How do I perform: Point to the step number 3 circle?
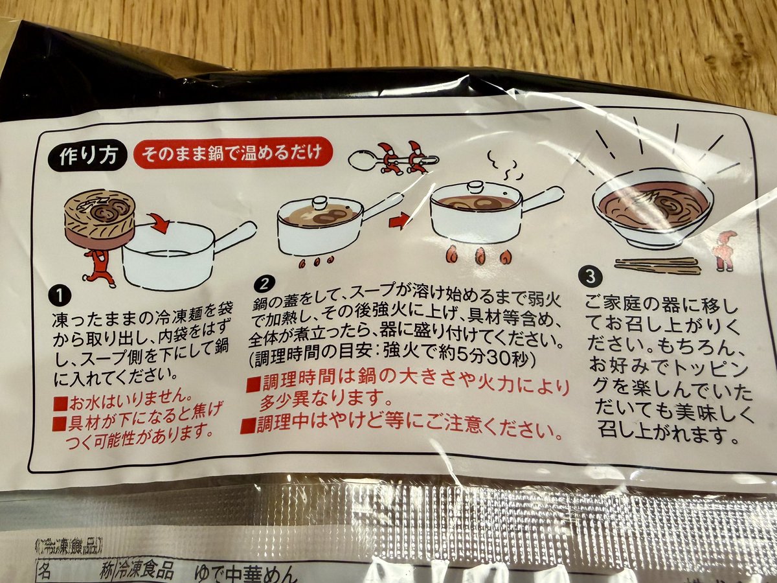click(589, 275)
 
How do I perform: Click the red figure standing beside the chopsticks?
click(725, 249)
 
